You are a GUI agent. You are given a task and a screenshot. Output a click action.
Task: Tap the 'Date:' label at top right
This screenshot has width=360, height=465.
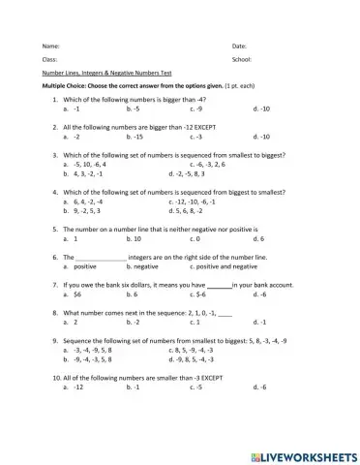[240, 46]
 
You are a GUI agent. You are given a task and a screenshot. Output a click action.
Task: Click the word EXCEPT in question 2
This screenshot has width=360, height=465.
[203, 127]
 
